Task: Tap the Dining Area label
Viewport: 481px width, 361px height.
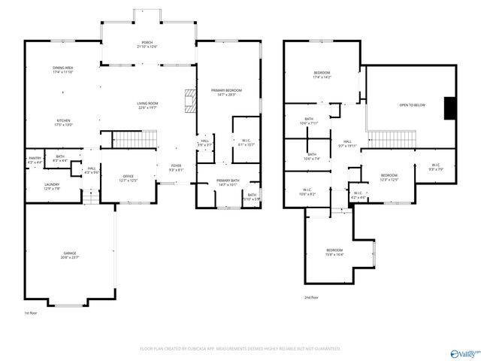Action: coord(63,70)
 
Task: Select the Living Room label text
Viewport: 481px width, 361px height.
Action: coord(147,105)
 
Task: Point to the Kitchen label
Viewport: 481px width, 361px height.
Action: coord(63,123)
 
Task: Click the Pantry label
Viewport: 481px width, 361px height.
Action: coord(35,159)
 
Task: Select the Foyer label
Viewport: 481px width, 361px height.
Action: coord(176,168)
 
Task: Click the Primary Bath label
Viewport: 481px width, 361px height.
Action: coord(228,183)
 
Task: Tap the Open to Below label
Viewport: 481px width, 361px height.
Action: coord(412,105)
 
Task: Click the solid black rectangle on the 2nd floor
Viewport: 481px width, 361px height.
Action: coord(450,108)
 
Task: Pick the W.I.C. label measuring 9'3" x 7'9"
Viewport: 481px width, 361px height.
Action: coord(437,166)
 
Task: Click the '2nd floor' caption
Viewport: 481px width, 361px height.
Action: coord(311,298)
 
